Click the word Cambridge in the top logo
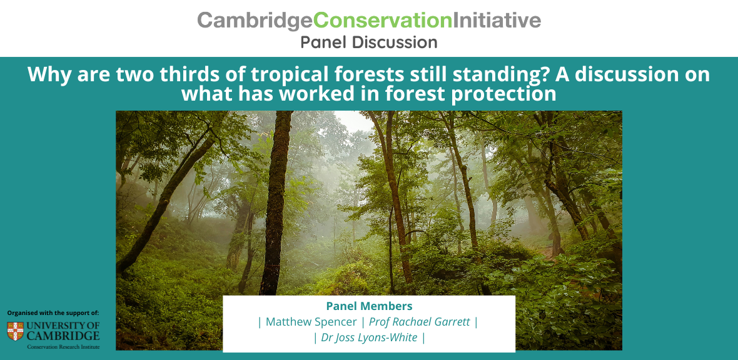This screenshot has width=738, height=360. coord(255,21)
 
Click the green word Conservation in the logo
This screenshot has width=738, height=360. coord(383,20)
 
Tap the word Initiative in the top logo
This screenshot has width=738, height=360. coord(497,20)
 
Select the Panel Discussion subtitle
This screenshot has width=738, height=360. coord(369,42)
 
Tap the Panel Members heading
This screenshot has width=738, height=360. coord(370,306)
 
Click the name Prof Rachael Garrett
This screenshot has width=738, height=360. coord(420,322)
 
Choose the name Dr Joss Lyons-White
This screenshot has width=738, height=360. coord(370,337)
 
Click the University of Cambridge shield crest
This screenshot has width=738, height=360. coord(15,331)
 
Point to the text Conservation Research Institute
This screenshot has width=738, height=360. coord(63,347)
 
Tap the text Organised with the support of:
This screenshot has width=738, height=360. coord(53,312)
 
